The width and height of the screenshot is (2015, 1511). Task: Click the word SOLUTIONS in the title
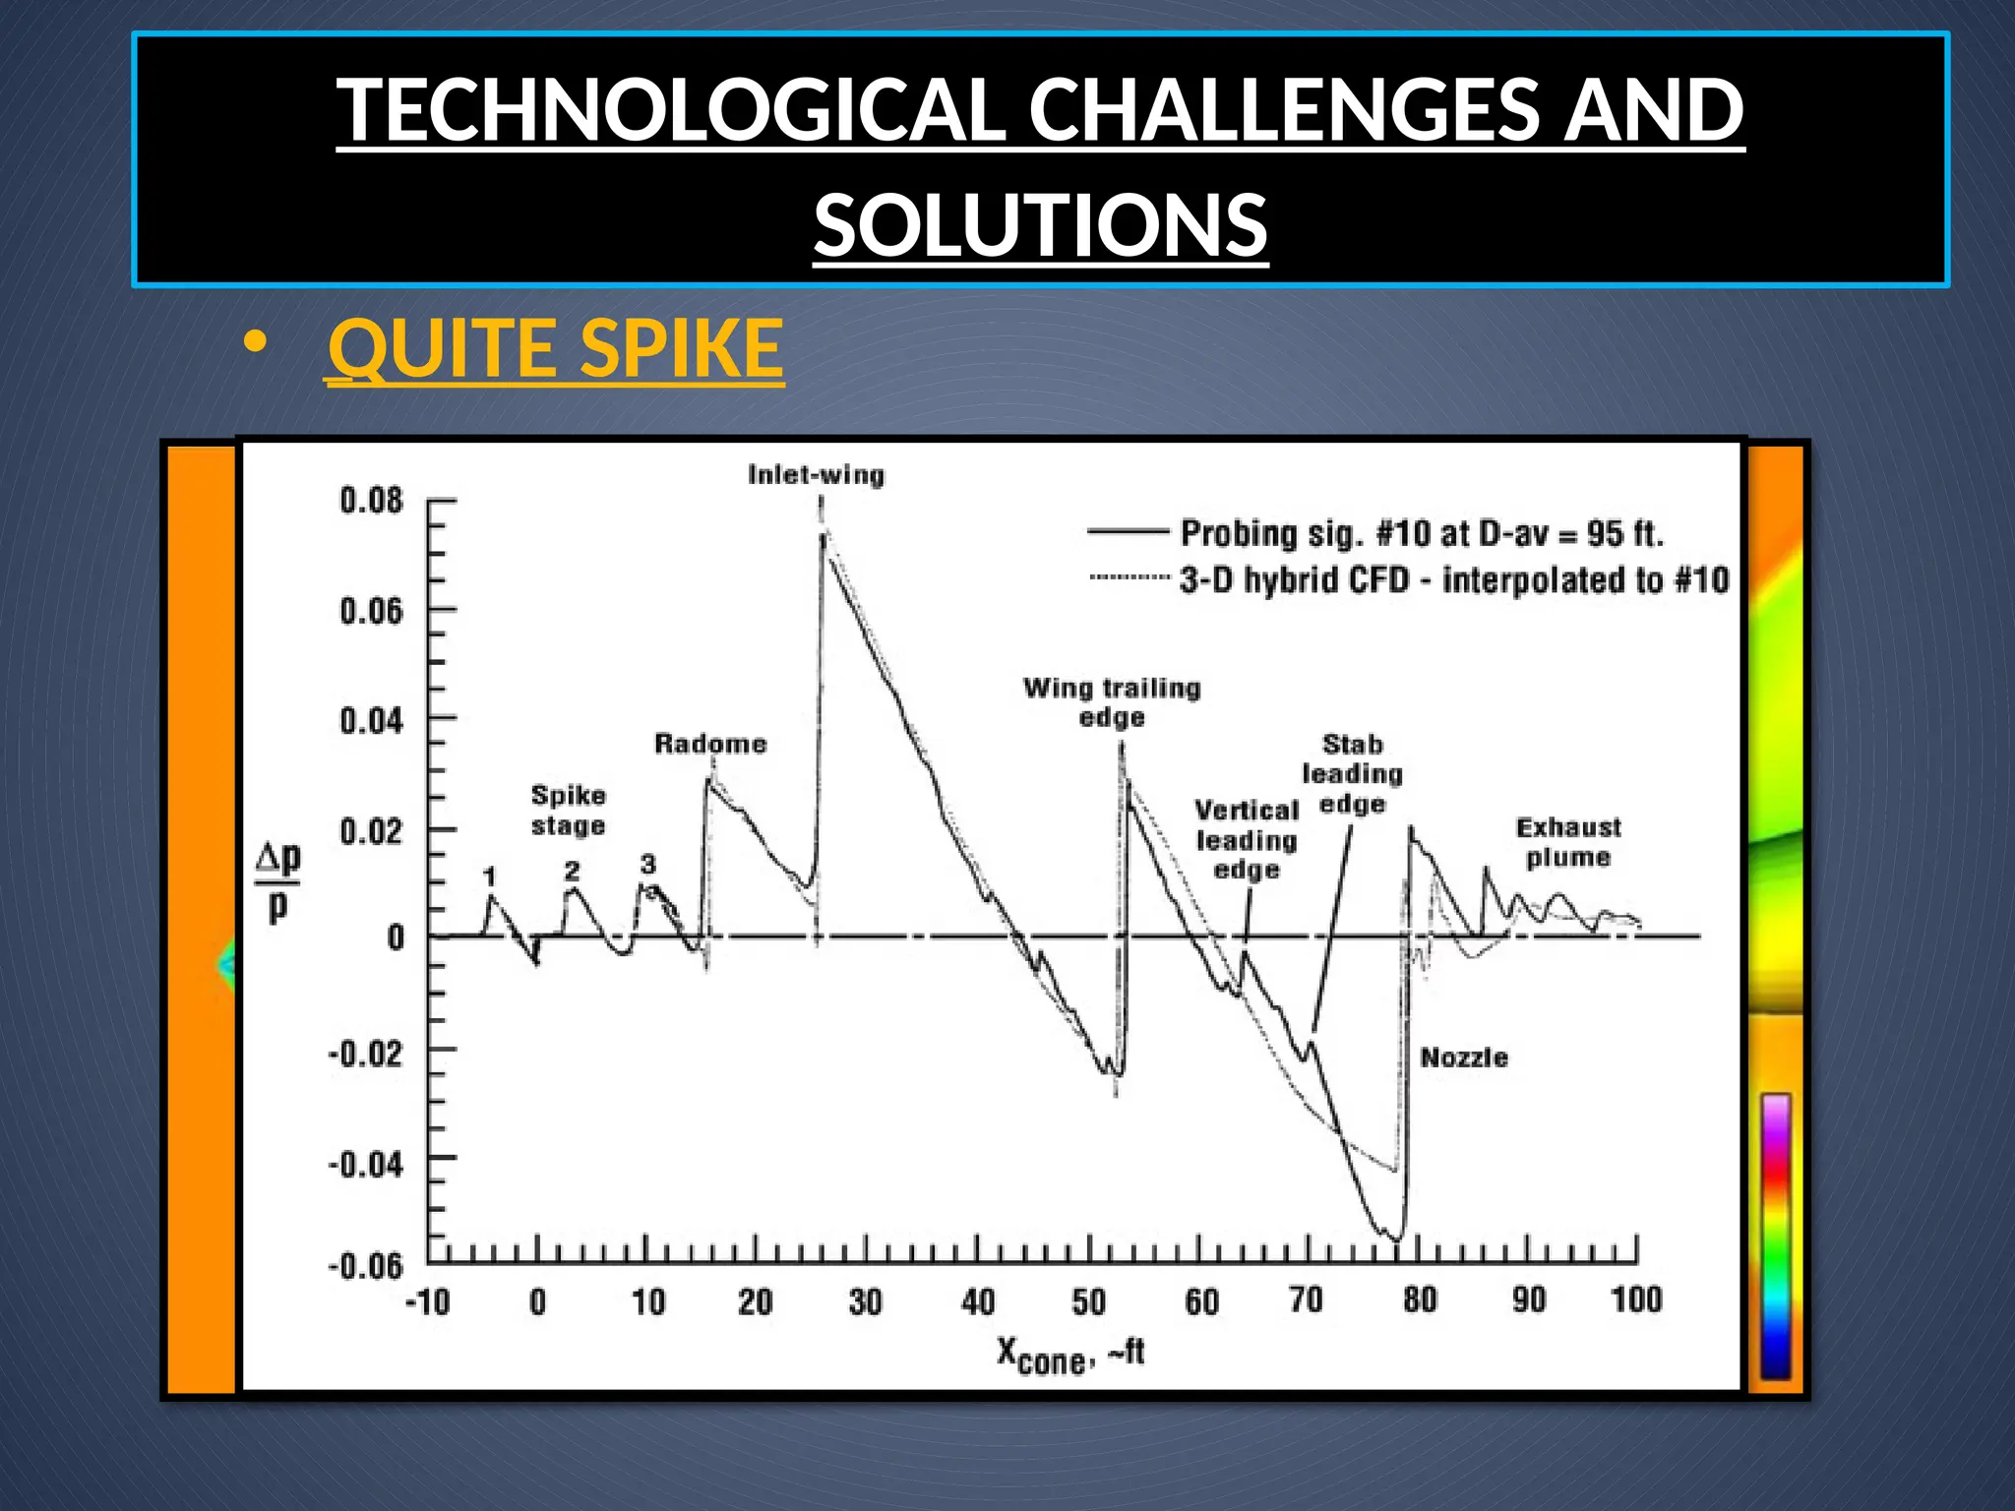point(1040,225)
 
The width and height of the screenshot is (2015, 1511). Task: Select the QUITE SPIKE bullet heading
point(555,348)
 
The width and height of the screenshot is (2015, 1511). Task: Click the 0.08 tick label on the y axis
point(371,501)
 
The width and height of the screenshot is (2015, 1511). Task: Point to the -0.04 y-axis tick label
point(365,1165)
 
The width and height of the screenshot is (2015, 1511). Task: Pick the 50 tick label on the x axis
point(1089,1302)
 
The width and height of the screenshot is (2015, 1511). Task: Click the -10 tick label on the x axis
point(428,1302)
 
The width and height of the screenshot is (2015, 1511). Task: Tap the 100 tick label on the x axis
point(1635,1300)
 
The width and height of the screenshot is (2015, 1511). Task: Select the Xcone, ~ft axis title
point(1070,1356)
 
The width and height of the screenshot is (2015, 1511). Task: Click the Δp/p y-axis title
point(277,881)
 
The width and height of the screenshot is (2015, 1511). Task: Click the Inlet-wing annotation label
point(816,475)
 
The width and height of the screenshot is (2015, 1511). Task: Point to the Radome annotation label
point(710,744)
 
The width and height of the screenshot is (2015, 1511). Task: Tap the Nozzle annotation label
point(1464,1058)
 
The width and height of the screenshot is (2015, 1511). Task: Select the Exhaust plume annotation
point(1568,842)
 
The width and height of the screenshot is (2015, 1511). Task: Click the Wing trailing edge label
point(1112,701)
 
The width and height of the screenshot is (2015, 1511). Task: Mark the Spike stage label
point(569,810)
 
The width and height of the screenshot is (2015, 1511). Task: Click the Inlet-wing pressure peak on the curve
point(824,536)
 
